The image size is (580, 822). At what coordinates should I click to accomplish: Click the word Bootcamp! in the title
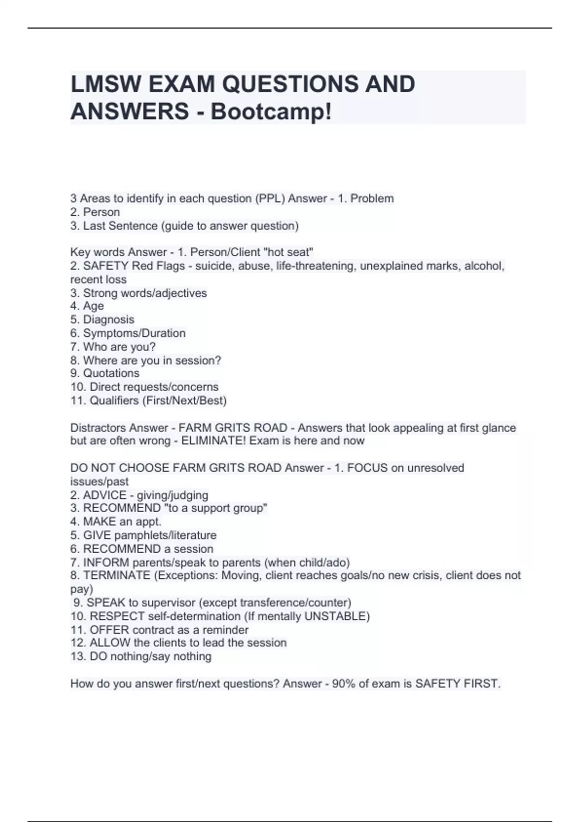coord(271,112)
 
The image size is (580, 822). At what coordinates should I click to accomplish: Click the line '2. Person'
coord(95,212)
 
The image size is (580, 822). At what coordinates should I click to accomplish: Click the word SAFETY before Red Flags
coord(105,266)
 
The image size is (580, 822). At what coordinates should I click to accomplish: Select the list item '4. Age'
coord(87,306)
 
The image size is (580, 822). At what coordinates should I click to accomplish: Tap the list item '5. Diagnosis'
coord(102,320)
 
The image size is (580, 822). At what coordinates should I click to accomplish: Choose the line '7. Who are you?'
coord(113,347)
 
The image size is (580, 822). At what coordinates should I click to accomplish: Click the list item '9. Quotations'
coord(105,373)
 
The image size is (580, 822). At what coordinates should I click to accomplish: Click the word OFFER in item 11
coord(109,630)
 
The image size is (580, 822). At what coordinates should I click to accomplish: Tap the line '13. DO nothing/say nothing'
coord(141,657)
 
